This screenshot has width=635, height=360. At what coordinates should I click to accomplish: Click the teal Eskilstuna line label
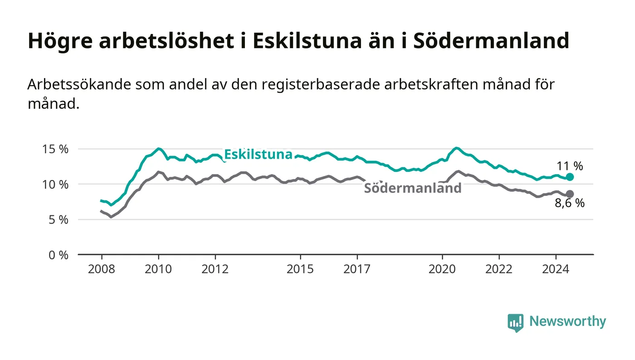click(x=258, y=155)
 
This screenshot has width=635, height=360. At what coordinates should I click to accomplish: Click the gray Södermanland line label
click(x=413, y=188)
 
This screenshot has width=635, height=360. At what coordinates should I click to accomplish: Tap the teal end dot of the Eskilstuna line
click(x=570, y=177)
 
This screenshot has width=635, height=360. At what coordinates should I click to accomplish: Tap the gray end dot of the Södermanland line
click(x=570, y=194)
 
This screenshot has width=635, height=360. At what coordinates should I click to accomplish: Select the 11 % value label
click(x=570, y=166)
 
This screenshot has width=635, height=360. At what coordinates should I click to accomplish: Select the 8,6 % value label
click(x=570, y=203)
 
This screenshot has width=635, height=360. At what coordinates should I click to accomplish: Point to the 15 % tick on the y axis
click(x=55, y=149)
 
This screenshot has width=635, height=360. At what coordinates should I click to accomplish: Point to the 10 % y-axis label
click(x=55, y=185)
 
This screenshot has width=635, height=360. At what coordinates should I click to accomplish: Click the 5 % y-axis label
click(x=59, y=220)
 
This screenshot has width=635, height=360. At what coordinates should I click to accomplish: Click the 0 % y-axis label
click(x=59, y=255)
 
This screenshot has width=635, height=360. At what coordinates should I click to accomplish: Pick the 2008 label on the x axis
click(x=102, y=269)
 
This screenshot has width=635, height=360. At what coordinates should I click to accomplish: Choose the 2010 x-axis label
click(x=158, y=269)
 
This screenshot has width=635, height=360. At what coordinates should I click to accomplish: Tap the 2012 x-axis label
click(x=215, y=269)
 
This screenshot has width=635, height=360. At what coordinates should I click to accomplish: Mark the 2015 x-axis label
click(x=300, y=269)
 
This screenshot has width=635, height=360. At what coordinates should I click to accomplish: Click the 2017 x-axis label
click(x=357, y=269)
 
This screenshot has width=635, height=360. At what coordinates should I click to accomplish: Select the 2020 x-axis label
click(x=442, y=269)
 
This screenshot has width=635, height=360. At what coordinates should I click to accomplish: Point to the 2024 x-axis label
click(x=556, y=269)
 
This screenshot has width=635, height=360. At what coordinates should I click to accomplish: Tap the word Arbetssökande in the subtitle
click(x=79, y=84)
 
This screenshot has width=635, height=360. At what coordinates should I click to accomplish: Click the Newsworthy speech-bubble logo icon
click(x=515, y=322)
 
